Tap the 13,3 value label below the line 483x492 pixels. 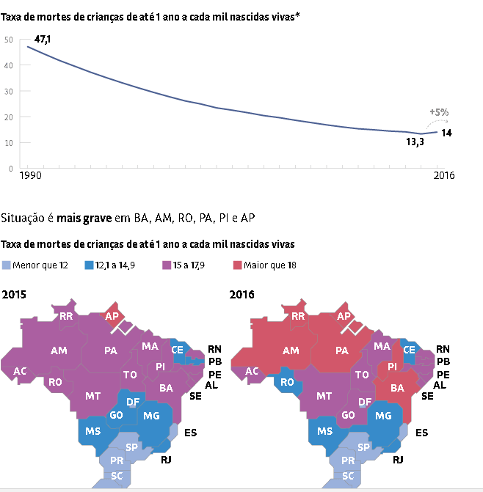(x=414, y=142)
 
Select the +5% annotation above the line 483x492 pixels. (x=439, y=112)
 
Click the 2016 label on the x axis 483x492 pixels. (x=443, y=176)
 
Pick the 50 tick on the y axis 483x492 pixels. (x=9, y=40)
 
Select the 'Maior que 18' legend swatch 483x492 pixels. (x=238, y=264)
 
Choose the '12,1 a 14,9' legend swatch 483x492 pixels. (x=89, y=264)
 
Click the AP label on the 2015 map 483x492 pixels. (x=112, y=317)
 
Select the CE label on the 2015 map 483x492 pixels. (x=178, y=350)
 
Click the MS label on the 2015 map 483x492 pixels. (x=92, y=431)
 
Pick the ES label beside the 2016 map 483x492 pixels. (x=421, y=433)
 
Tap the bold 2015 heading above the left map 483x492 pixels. (x=15, y=295)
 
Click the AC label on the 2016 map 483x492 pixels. (x=251, y=372)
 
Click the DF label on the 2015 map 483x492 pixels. (x=134, y=402)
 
